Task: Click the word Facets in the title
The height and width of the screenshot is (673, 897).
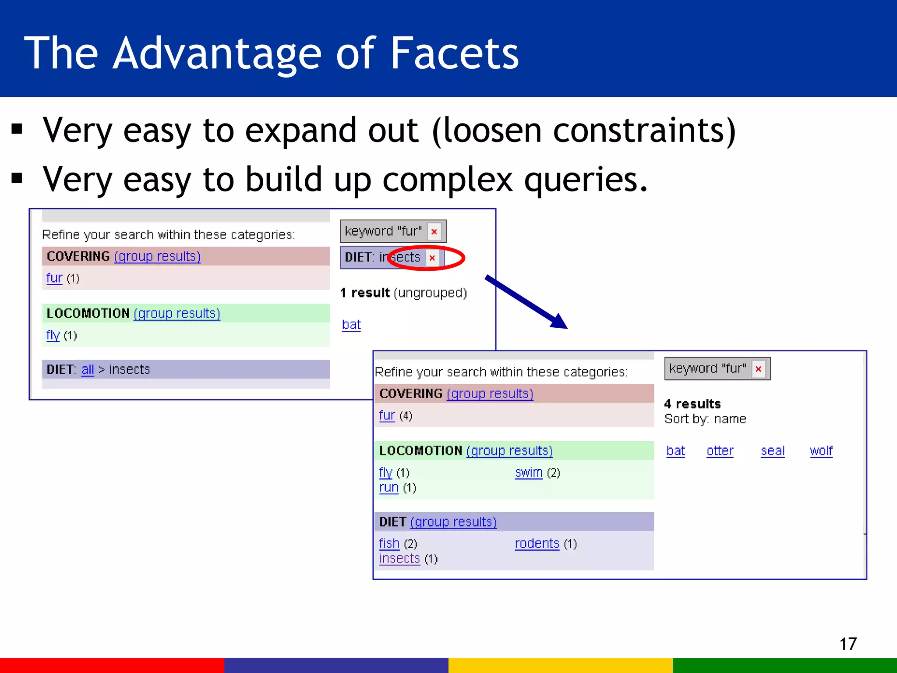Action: coord(454,53)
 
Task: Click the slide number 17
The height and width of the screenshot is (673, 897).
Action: coord(848,644)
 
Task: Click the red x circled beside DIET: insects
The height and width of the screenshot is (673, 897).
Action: coord(432,258)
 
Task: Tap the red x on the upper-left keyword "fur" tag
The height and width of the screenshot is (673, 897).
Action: coord(434,232)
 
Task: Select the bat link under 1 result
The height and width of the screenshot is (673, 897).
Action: coord(351,325)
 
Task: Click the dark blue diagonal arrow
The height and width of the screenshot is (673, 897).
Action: coord(526,302)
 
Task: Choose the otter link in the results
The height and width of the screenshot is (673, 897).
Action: coord(720,451)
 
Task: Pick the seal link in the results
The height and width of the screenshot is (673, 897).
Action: coord(773,451)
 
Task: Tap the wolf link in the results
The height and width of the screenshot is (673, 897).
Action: coord(821,451)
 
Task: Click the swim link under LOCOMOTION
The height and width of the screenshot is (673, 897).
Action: coord(529,472)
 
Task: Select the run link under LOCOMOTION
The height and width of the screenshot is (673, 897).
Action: coord(388,487)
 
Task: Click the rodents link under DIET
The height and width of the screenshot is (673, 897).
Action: coord(537,543)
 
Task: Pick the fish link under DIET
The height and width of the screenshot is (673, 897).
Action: coord(389,543)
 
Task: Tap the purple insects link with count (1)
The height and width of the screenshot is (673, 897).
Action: coord(399,558)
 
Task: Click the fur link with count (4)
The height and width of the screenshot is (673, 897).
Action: coord(387,415)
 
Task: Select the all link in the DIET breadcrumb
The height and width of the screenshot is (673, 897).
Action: coord(88,369)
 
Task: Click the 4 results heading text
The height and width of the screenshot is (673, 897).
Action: coord(692,404)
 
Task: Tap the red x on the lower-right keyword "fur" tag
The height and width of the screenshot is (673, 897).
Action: coord(758,369)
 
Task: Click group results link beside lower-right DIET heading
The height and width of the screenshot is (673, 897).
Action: coord(453,522)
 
